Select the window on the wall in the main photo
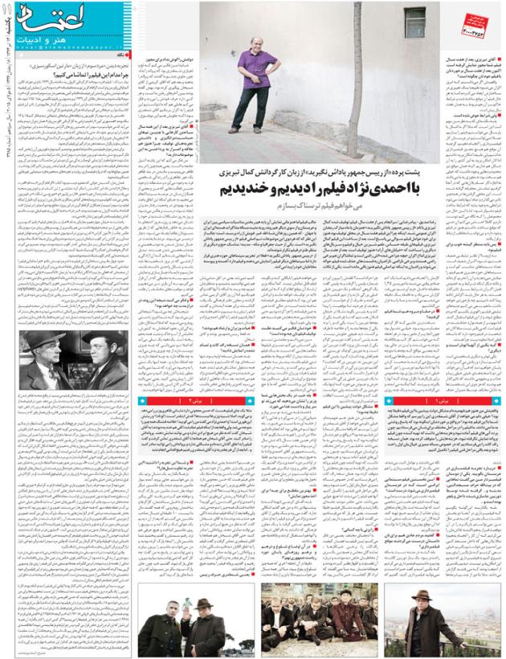[x=415, y=19]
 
